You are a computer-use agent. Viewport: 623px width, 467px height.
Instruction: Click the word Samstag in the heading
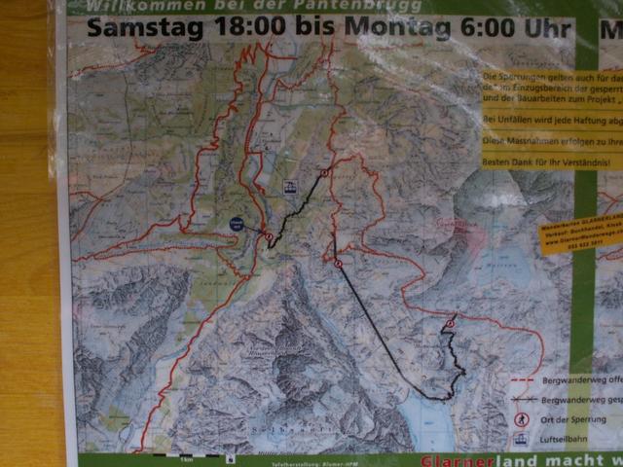(143, 27)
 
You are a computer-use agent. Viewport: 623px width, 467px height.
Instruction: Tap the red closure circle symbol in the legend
(522, 419)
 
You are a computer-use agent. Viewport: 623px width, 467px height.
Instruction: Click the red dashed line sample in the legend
(522, 381)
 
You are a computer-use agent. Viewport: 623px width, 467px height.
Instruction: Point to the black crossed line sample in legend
(522, 400)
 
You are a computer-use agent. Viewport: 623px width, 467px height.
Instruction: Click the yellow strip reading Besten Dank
(550, 162)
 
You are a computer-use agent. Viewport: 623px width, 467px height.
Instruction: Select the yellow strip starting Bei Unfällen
(550, 119)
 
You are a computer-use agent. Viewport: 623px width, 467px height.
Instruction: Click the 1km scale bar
(185, 455)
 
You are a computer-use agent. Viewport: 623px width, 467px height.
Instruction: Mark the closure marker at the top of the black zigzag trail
(324, 172)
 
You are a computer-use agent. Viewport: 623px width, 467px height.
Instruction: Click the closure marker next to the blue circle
(269, 235)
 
